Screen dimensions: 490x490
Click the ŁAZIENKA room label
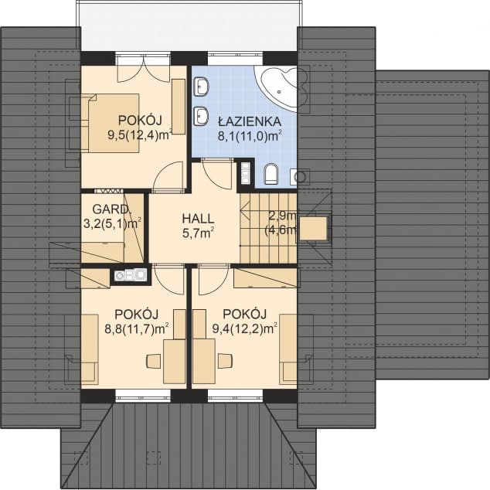249,121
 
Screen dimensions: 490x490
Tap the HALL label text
198,219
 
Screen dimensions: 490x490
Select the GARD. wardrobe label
111,209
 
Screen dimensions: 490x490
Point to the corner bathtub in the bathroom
277,87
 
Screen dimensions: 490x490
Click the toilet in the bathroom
271,173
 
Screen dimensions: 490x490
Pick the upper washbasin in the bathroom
201,87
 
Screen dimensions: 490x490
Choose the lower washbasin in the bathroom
201,116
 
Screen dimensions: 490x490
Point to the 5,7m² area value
198,233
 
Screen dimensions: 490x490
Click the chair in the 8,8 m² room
154,361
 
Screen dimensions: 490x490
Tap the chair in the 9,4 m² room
225,361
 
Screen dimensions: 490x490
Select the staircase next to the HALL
268,227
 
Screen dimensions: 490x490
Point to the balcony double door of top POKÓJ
144,70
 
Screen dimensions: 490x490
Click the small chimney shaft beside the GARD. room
131,275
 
